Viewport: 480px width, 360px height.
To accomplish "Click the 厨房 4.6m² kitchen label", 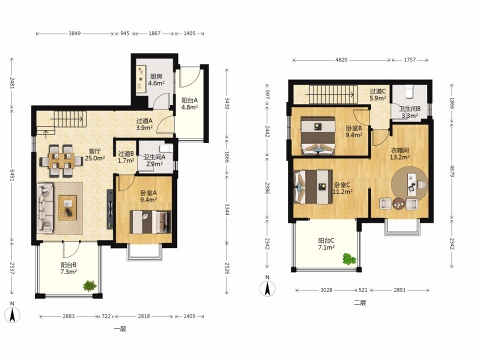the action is [156, 79].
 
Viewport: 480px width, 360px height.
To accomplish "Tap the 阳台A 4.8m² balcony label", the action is [189, 103].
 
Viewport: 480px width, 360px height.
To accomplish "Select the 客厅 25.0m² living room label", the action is [95, 154].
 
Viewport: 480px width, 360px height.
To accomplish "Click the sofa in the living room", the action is [45, 208].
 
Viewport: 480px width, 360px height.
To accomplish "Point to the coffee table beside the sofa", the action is [67, 208].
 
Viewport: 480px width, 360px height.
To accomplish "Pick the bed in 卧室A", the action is [150, 222].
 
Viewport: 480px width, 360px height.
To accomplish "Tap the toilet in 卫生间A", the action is [166, 148].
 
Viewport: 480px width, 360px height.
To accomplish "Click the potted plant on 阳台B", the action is [89, 285].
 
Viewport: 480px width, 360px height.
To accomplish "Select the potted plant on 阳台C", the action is [349, 258].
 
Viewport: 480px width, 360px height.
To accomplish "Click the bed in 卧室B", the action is [318, 135].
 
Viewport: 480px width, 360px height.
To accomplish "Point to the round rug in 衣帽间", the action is [409, 183].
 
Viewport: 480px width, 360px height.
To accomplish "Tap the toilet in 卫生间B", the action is [409, 91].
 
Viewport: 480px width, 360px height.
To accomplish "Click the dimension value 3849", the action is [74, 33].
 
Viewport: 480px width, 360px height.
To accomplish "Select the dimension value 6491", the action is [11, 175].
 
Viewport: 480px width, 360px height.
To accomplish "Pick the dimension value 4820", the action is [341, 59].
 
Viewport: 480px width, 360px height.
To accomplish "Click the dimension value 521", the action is [363, 289].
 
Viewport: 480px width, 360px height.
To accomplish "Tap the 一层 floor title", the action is [120, 329].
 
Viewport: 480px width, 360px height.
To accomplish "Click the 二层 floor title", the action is [360, 303].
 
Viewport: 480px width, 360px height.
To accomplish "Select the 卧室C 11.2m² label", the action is [342, 188].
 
